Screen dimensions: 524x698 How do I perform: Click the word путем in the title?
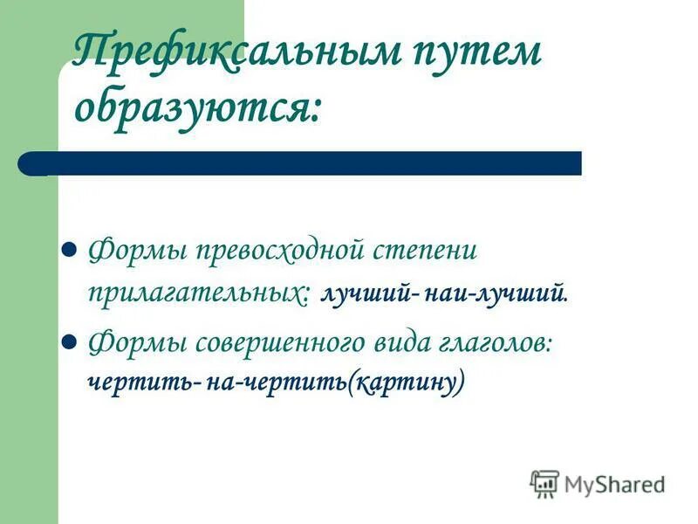pos(471,54)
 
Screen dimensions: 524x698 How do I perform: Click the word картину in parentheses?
pos(405,382)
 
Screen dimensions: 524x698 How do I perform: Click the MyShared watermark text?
pos(614,484)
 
